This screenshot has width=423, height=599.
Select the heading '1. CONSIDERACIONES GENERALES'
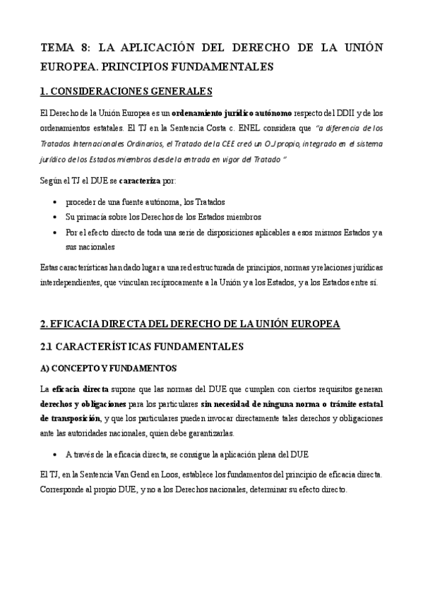[126, 92]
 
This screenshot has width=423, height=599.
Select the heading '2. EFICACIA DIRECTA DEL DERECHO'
[191, 324]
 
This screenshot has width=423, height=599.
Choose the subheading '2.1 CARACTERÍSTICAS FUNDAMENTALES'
[142, 347]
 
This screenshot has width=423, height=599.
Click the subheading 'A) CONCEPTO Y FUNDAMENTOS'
[109, 369]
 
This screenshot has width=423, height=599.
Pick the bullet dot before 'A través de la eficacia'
[56, 453]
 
